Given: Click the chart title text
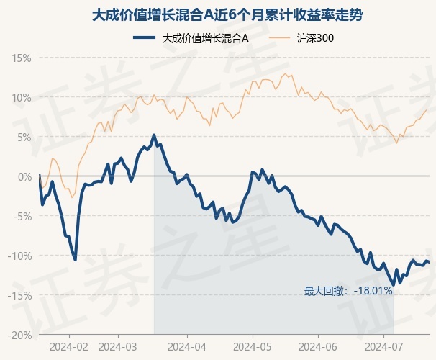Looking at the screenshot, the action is pos(227,14).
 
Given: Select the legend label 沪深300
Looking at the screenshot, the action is pos(315,38).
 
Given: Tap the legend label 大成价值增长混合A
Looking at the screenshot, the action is pos(205,38).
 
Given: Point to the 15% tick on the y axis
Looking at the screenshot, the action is pos(22,58).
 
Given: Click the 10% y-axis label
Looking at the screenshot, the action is pos(22,98).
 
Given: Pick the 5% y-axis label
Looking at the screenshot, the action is pos(24,137).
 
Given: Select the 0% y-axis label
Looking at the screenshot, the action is pos(24,176).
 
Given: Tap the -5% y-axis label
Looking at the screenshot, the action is pos(22,216).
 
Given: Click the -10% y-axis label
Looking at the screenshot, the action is pos(19,256).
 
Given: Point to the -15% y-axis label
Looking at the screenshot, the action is pos(19,295).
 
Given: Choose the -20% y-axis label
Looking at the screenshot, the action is pos(19,336).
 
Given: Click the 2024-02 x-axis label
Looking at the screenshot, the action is pos(69,347).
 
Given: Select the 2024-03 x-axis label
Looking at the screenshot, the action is pos(118,347).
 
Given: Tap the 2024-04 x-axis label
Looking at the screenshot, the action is pos(187,347).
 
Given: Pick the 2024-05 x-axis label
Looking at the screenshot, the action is pos(253,347).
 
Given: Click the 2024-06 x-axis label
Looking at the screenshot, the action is pos(318,347).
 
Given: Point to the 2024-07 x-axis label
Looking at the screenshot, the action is pos(383,347).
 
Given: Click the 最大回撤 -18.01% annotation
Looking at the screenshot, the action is pos(348,291).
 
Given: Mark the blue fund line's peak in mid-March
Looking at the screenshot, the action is pos(154,135).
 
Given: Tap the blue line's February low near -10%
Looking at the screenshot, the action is pos(75,260).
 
